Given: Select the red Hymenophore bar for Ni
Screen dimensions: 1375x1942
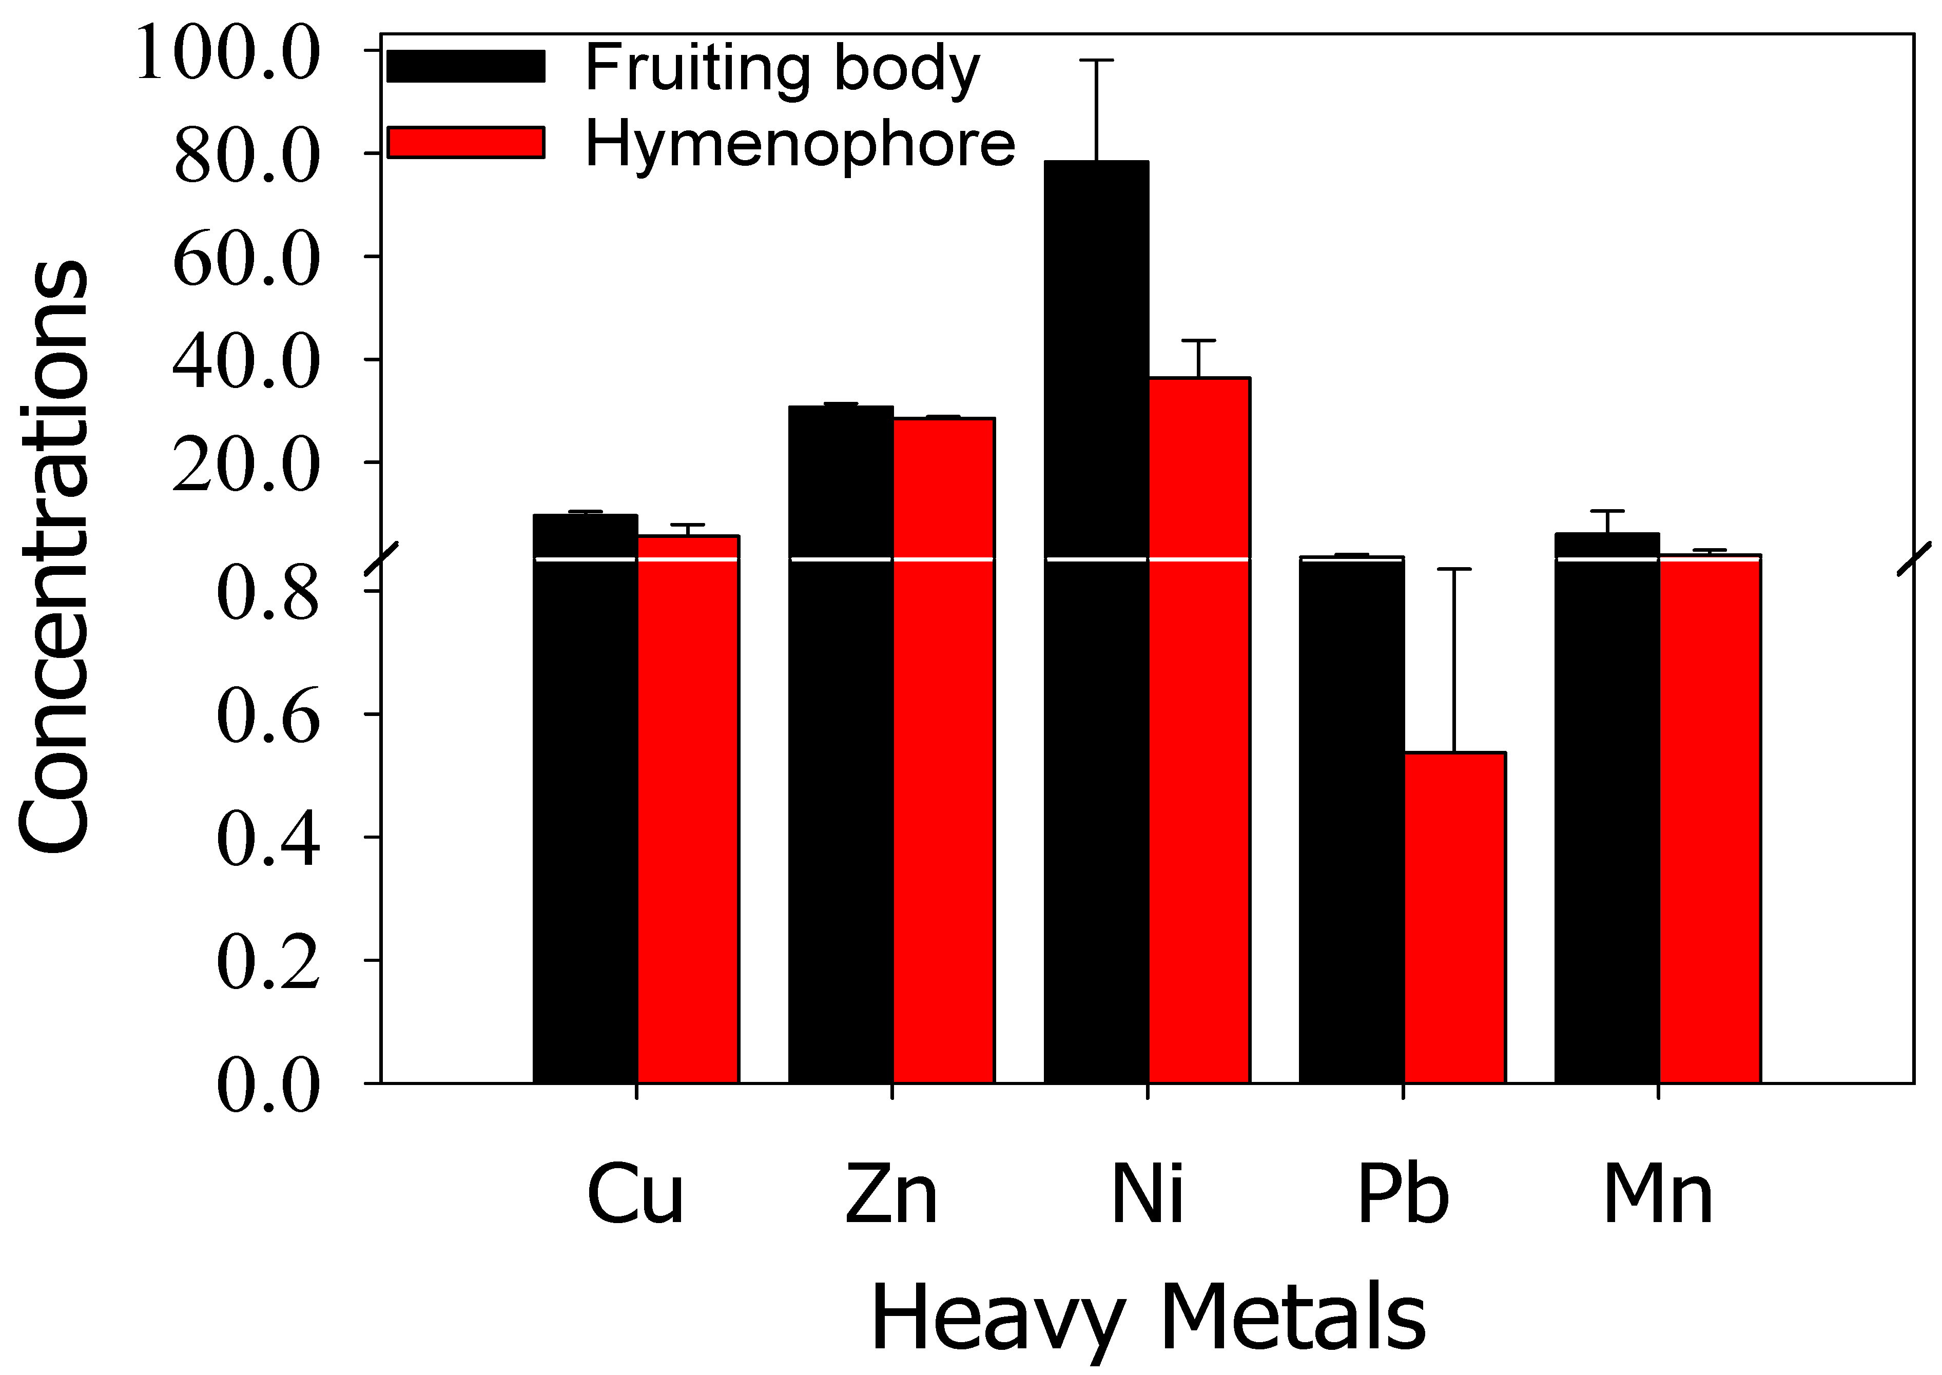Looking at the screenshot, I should coord(1199,728).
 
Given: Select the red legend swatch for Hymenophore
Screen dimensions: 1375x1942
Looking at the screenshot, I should coord(465,142).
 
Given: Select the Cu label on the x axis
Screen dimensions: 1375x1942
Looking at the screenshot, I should coord(635,1195).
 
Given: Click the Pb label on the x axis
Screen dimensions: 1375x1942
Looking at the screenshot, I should coord(1403,1195).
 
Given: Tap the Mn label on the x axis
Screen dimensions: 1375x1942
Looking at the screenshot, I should coord(1658,1195).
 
